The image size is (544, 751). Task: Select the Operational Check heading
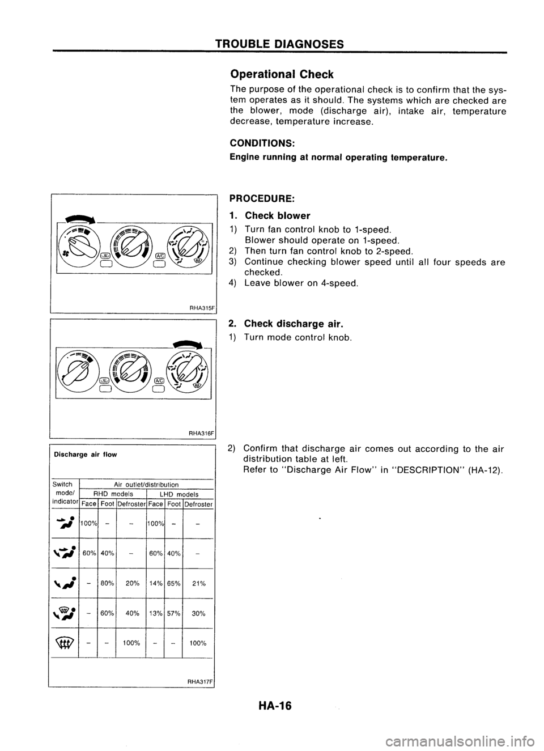(x=289, y=74)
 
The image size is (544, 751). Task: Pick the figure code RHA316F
(x=202, y=432)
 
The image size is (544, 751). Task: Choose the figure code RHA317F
(x=202, y=680)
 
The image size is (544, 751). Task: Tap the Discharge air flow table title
(x=85, y=455)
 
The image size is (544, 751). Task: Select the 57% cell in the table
(x=173, y=613)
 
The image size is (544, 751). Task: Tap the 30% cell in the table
(x=198, y=613)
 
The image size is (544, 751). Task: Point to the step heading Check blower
(x=277, y=215)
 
